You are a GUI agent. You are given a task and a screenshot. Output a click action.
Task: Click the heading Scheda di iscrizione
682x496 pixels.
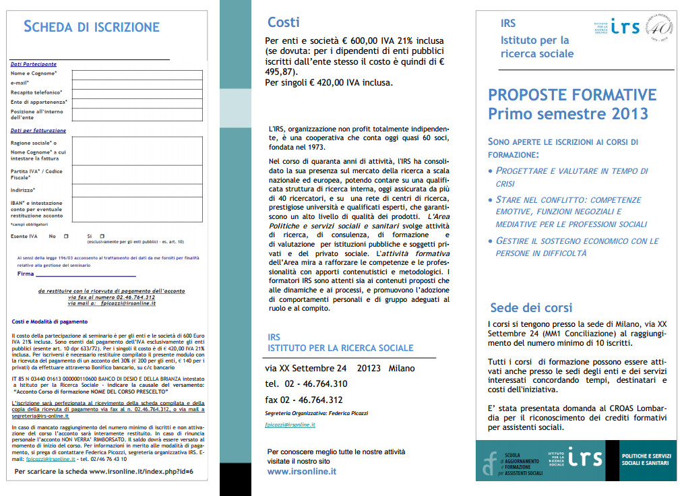coord(92,27)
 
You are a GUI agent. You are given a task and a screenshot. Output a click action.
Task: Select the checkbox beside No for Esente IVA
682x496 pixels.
coord(66,237)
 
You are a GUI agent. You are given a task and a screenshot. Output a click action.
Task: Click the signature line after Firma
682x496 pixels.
coord(86,275)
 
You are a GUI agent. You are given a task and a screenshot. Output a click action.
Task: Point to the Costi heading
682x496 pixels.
coord(284,23)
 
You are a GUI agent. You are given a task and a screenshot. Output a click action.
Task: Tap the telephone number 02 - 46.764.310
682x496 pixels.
coord(317,383)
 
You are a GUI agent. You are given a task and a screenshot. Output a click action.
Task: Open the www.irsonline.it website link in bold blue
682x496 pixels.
coord(302,472)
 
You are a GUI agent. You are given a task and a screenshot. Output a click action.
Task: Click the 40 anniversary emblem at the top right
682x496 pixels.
coord(662,28)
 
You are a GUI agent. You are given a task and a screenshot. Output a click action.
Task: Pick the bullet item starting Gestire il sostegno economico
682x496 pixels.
coord(576,247)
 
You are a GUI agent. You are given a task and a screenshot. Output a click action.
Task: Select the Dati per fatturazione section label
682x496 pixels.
coord(38,130)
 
